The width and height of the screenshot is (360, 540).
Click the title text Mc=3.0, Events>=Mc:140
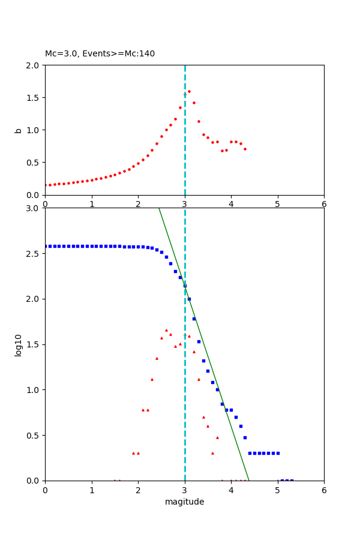(x=100, y=53)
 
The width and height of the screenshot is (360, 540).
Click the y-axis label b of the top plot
(x=19, y=130)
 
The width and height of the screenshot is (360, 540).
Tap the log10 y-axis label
(x=19, y=344)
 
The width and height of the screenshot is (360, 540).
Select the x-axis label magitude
(x=184, y=502)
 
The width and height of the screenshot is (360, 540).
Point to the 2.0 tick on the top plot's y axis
(x=33, y=65)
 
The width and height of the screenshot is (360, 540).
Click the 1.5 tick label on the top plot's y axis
(x=33, y=97)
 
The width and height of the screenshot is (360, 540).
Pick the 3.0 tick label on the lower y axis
(x=33, y=208)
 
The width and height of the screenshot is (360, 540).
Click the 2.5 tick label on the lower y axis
(x=33, y=254)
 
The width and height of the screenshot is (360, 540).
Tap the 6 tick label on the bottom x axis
(x=324, y=490)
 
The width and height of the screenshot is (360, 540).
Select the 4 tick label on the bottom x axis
(x=231, y=490)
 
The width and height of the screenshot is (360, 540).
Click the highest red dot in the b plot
(x=189, y=92)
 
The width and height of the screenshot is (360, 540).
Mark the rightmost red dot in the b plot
(x=245, y=149)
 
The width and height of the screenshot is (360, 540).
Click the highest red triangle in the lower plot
(x=166, y=330)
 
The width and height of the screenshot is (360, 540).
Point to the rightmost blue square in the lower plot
(x=292, y=480)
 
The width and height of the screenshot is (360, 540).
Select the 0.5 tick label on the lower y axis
(x=33, y=435)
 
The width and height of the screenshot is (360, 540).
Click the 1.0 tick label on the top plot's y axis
(x=33, y=130)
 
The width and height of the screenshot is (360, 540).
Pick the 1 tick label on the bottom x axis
(x=92, y=490)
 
